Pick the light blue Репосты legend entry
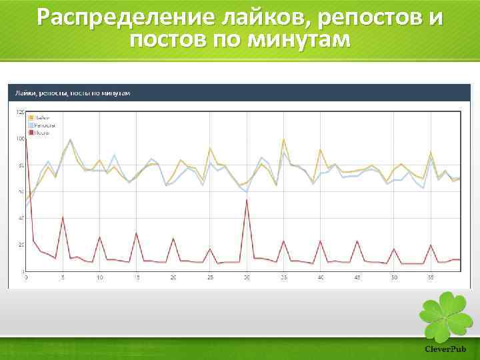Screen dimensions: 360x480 click(x=42, y=125)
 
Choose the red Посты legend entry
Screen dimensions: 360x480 click(x=39, y=132)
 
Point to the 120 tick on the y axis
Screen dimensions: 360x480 click(x=20, y=112)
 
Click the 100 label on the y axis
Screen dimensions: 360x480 click(x=20, y=139)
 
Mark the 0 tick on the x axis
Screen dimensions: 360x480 click(x=26, y=277)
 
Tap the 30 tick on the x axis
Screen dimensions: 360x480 click(x=247, y=277)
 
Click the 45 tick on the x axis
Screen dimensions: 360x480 click(x=357, y=277)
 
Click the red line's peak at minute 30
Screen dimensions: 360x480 click(x=247, y=199)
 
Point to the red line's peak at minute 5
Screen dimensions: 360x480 click(x=63, y=217)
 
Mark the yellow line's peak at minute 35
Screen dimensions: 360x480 click(x=284, y=139)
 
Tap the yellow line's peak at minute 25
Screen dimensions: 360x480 click(x=210, y=148)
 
